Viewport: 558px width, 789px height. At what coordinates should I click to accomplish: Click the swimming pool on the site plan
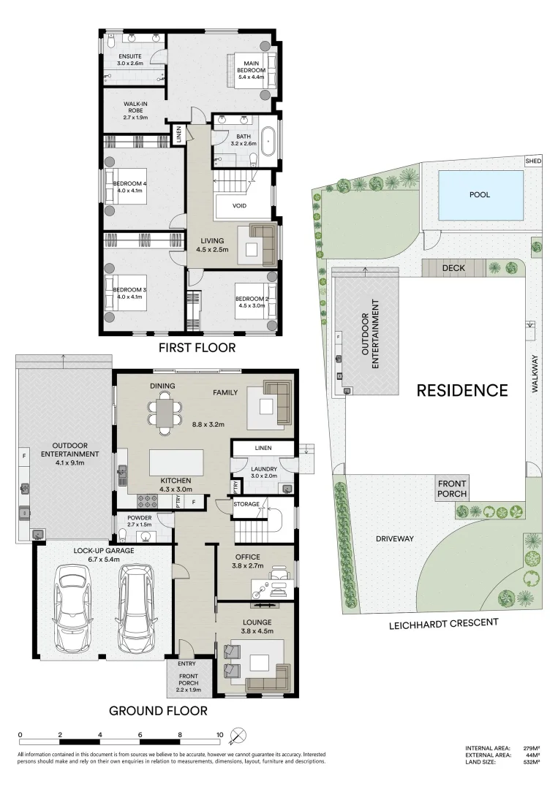480,195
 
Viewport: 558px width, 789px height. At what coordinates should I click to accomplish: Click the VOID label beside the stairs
239,205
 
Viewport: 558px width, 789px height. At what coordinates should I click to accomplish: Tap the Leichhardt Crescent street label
443,623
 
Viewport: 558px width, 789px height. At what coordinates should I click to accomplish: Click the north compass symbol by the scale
238,735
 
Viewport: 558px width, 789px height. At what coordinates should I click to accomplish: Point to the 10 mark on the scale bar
219,735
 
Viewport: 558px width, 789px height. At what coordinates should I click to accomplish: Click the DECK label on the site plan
453,268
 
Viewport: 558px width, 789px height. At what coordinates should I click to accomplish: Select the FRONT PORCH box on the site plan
453,488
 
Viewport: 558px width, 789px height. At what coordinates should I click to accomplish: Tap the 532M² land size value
531,762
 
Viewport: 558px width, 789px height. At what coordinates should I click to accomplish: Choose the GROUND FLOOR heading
158,710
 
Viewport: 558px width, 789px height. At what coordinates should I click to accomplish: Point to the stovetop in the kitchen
150,501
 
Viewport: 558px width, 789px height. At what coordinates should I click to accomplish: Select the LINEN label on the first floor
177,135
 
